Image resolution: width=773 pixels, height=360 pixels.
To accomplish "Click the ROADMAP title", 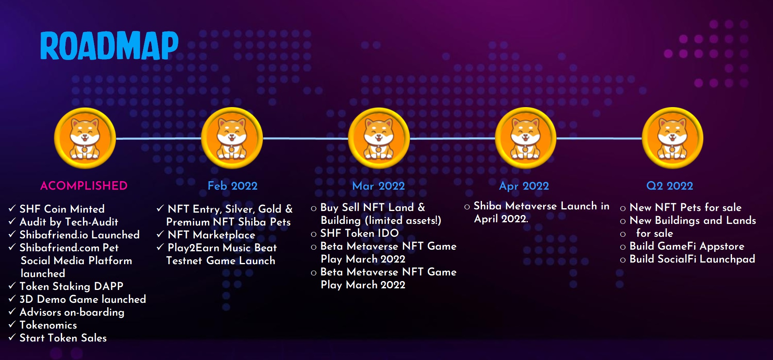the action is (x=109, y=46).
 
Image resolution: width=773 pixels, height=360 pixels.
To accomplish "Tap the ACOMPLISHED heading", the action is (x=84, y=186).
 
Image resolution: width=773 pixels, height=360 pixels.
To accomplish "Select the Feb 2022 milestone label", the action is (x=232, y=186).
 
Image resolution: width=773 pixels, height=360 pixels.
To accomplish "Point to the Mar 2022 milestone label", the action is (x=378, y=186).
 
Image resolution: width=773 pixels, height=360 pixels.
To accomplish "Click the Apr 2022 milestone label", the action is (x=524, y=186).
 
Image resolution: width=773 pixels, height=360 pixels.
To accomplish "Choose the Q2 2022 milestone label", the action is (x=670, y=186).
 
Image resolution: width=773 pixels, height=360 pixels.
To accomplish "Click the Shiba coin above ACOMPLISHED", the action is (x=85, y=138).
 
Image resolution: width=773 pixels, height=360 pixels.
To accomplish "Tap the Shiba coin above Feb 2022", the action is (x=232, y=138).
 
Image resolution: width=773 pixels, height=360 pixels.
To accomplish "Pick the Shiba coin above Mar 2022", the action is (x=379, y=138).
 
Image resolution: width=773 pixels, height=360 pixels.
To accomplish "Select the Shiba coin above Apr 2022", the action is (x=525, y=138).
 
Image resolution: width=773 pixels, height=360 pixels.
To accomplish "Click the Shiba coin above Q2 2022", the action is (x=672, y=138).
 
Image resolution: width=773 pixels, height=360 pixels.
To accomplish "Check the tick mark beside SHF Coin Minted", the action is (x=12, y=208).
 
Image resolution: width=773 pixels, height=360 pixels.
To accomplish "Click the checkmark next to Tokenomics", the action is (x=12, y=324).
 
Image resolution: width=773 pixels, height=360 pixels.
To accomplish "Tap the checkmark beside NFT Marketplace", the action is (x=160, y=234).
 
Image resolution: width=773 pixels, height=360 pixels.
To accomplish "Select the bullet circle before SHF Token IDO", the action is (x=314, y=234).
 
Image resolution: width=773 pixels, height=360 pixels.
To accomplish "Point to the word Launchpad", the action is (x=728, y=259).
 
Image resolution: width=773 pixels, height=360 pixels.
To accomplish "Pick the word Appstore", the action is (x=722, y=246).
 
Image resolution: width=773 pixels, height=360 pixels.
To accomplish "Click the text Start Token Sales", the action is (x=63, y=338).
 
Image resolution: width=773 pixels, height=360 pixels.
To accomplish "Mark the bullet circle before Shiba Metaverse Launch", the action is (x=467, y=207).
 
